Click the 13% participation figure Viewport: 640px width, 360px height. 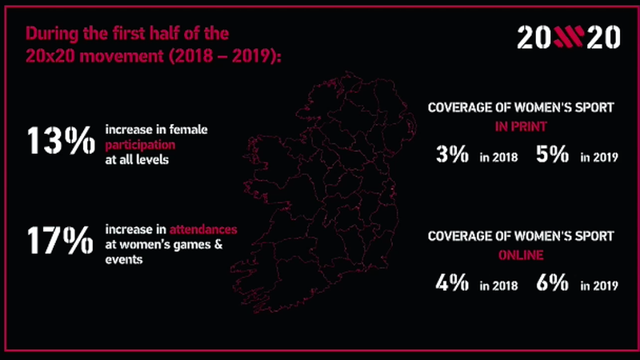click(61, 143)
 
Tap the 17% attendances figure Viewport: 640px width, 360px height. click(60, 240)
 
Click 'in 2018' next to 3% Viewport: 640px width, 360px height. click(500, 158)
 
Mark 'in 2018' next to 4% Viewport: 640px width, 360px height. click(500, 286)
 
